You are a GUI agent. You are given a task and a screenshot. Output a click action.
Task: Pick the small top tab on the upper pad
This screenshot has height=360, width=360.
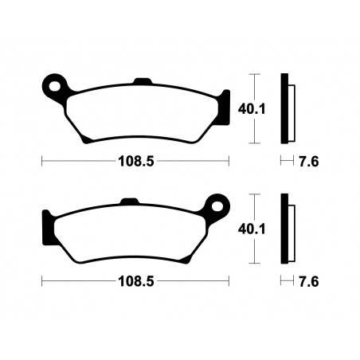click(x=143, y=80)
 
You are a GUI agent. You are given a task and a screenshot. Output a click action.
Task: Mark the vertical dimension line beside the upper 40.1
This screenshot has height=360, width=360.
click(x=254, y=108)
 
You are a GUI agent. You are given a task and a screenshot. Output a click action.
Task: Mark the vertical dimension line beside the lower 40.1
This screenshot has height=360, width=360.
click(x=254, y=229)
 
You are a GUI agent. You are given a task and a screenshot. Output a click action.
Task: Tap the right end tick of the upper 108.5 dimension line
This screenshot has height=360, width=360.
click(x=229, y=160)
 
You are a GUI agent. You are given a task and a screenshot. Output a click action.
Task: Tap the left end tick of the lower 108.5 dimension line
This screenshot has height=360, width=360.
click(x=42, y=281)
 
